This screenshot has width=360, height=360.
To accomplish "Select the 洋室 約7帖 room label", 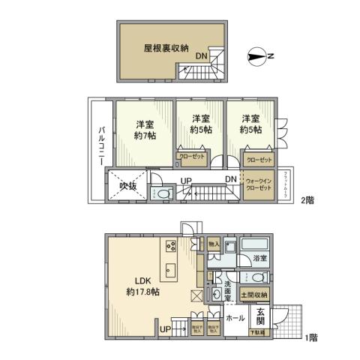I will coord(145,130).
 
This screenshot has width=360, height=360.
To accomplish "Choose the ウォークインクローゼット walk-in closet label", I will coord(259,184).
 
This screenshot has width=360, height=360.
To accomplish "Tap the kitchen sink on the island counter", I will coord(169,270).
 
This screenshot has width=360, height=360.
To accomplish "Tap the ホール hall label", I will coord(235,317).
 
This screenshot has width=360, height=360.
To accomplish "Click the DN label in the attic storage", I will coord(202,56).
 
